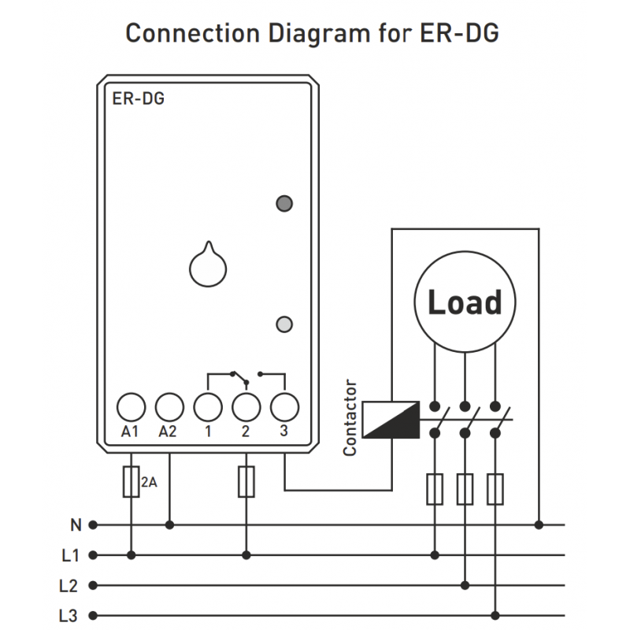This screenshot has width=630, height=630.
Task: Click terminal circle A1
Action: click(x=131, y=407)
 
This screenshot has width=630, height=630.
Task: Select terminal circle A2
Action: click(x=169, y=407)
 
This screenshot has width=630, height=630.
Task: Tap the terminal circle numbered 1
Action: click(x=208, y=407)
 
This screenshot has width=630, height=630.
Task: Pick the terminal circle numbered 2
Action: click(x=246, y=407)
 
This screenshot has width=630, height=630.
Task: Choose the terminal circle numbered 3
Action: click(x=284, y=407)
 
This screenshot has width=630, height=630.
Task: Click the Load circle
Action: click(x=465, y=302)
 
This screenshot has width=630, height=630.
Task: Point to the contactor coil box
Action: click(x=391, y=418)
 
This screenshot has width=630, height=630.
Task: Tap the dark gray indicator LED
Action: click(x=284, y=204)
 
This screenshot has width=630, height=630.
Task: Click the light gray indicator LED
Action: click(x=285, y=323)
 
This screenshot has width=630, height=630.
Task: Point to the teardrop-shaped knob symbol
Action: click(x=208, y=265)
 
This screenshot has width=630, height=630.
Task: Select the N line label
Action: click(x=76, y=524)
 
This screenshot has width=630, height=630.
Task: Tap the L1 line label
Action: click(x=71, y=555)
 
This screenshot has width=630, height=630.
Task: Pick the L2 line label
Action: click(x=71, y=585)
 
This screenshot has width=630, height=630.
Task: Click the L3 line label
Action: click(x=71, y=616)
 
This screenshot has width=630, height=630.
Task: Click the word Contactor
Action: click(x=350, y=418)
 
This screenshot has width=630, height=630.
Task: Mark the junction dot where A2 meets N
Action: click(x=169, y=524)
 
